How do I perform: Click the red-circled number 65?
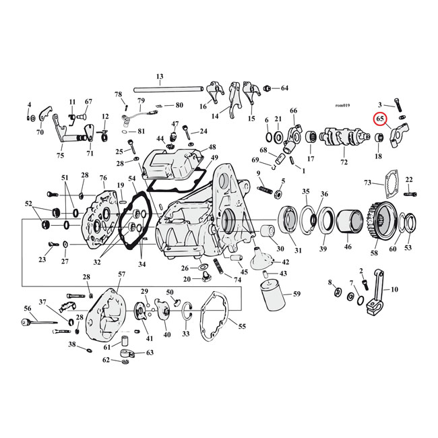point(381,119)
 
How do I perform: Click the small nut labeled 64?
point(268,88)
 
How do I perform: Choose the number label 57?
point(121,275)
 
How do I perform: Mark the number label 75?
point(60,156)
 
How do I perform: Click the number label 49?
point(215,158)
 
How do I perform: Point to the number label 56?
point(28,308)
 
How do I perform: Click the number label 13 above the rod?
point(160,76)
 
